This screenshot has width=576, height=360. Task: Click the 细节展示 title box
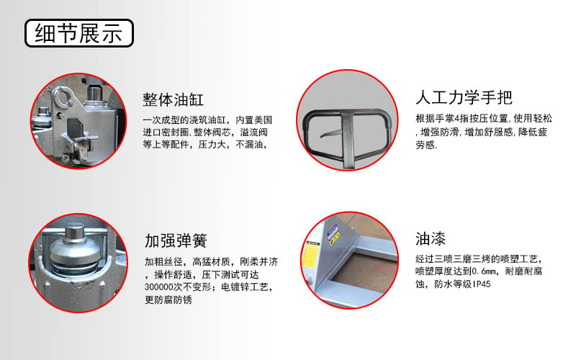point(78,33)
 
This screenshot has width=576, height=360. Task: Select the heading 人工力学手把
point(464,98)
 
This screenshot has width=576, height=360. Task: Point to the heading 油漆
point(431,238)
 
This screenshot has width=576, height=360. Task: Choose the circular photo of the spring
point(73,262)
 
